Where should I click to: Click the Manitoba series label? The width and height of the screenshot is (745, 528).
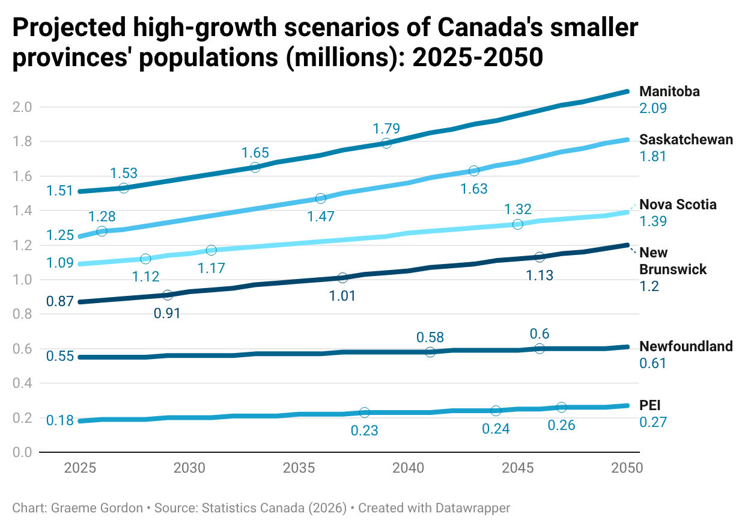pos(669,91)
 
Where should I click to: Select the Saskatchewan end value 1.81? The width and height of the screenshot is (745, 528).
pos(653,156)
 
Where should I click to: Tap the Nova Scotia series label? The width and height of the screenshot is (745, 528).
pos(678,204)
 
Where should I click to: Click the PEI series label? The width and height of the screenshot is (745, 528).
pos(650,405)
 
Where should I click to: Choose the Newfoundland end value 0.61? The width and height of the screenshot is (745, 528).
pos(653,363)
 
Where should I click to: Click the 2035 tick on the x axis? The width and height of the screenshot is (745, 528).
pos(299,468)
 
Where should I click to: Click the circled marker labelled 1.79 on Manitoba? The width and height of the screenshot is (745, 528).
pos(386,143)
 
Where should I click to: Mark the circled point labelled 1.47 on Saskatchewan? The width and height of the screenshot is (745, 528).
pos(321,198)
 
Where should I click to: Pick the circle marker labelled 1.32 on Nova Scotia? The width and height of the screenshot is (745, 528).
pos(518,224)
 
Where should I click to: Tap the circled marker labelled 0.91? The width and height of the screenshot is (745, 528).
pos(168,295)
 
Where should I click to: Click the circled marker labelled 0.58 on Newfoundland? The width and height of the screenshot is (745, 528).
pos(430,352)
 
